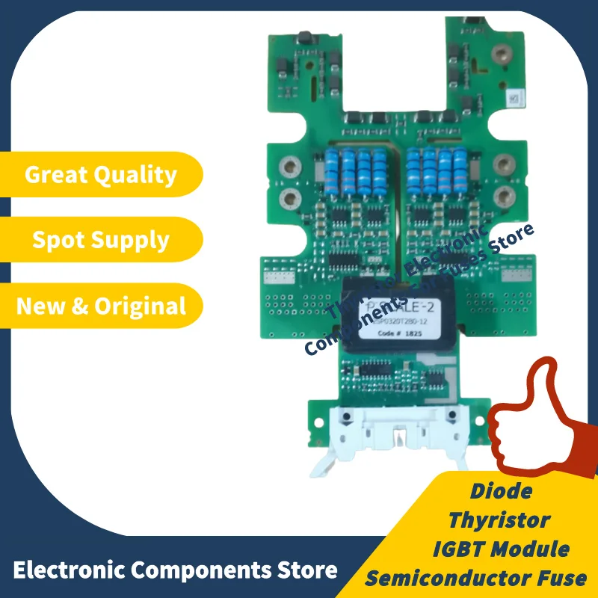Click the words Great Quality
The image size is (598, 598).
(x=101, y=175)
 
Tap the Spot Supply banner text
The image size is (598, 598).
(x=101, y=240)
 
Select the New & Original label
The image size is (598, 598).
(x=101, y=305)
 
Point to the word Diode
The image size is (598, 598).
(x=502, y=491)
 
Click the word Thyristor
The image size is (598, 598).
(x=500, y=519)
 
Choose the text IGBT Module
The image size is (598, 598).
(x=501, y=548)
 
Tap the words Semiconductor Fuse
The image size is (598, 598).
(x=476, y=576)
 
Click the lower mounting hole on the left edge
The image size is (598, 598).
(x=288, y=198)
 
